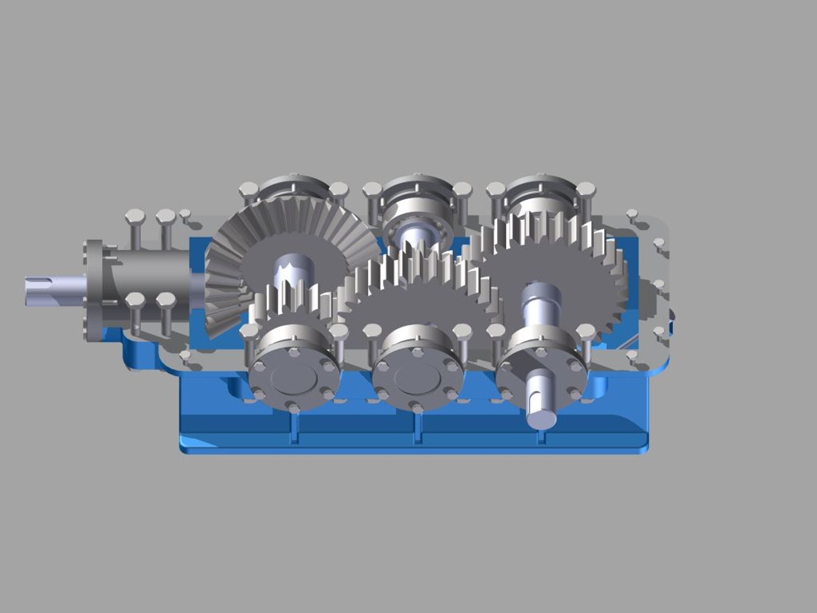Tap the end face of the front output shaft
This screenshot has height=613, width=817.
542,419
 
